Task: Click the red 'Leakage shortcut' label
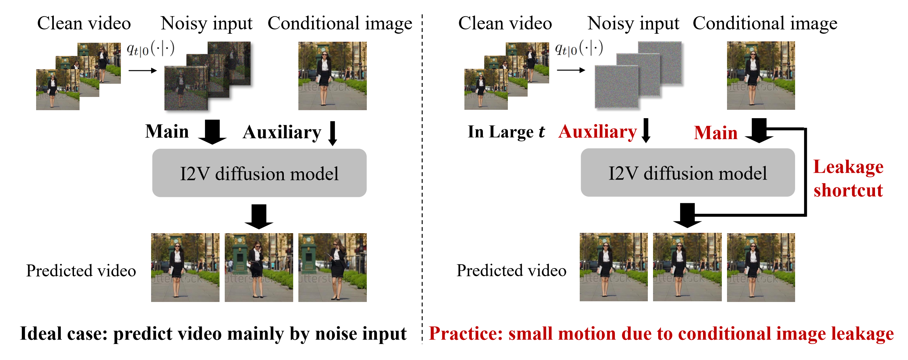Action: tap(848, 178)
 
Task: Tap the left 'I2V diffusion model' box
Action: tap(259, 173)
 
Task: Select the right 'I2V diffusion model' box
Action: tap(688, 172)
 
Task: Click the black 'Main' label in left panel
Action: tap(167, 131)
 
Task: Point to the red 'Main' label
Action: tap(716, 133)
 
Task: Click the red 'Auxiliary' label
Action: tap(597, 131)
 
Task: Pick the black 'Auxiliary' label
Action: tap(282, 132)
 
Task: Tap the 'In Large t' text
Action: tap(506, 131)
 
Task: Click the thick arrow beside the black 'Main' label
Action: tap(212, 132)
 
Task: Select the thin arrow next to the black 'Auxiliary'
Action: tap(332, 133)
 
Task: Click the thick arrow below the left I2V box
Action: tap(259, 216)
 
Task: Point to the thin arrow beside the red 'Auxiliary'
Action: tap(646, 130)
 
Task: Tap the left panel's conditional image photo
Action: tap(332, 76)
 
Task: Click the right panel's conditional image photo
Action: tap(761, 75)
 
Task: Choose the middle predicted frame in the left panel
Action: tap(259, 267)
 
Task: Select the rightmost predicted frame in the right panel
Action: tap(761, 267)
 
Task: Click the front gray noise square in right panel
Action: tap(617, 87)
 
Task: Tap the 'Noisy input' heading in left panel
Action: tap(207, 24)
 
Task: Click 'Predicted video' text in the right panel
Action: tap(511, 270)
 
